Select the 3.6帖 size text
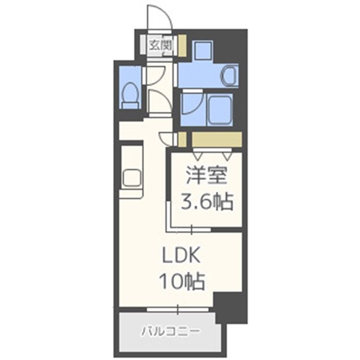pos(206,201)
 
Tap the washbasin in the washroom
pos(229,75)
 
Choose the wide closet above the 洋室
pos(217,139)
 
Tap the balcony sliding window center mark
pos(178,309)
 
